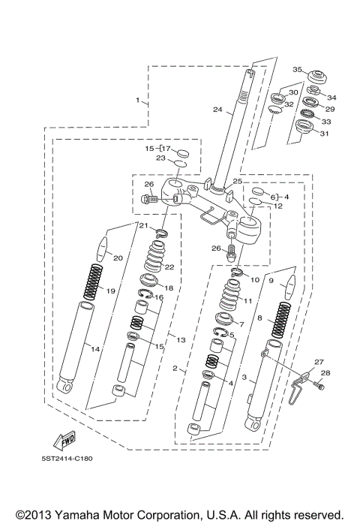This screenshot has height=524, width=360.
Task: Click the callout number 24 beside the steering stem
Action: pos(217,110)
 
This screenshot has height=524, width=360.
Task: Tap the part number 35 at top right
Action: pos(297,70)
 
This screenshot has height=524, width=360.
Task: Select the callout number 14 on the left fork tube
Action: pos(94,349)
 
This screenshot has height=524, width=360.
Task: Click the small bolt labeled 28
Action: pos(320,386)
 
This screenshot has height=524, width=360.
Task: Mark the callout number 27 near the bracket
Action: pos(319,362)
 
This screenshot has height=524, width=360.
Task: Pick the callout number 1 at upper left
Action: pos(137,100)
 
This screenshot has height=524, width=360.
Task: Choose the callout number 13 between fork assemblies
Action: pos(180,340)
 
